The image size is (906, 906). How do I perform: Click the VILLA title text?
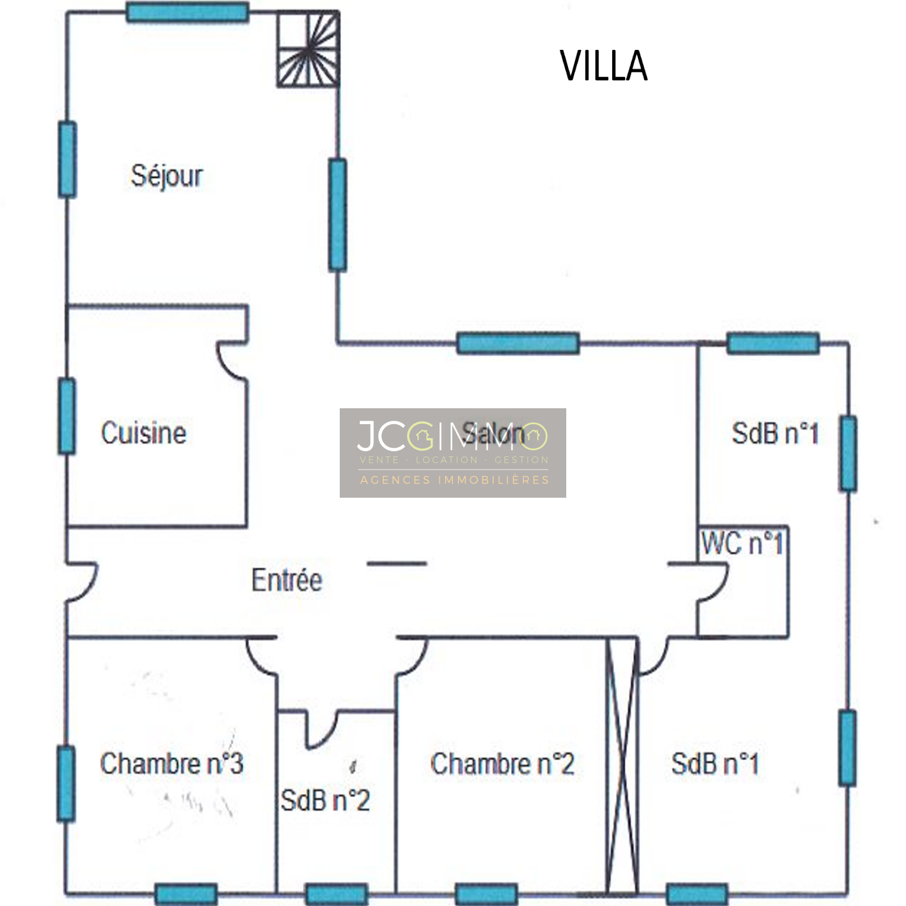(x=604, y=66)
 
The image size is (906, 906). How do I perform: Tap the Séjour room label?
(x=166, y=176)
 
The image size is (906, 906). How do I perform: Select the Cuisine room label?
(x=144, y=434)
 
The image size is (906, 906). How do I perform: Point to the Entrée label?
(x=287, y=580)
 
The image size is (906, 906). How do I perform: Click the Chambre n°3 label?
(x=172, y=764)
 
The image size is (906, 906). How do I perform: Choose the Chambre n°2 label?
(x=502, y=764)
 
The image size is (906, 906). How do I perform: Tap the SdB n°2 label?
(x=325, y=801)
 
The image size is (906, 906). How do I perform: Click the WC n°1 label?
(x=742, y=544)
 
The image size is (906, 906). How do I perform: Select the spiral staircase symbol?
(x=308, y=50)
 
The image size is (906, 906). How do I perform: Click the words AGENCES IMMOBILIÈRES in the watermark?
(x=455, y=480)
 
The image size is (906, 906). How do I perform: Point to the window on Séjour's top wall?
(x=187, y=12)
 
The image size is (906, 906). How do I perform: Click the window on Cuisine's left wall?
(x=67, y=416)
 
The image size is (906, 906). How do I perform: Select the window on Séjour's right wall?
(x=337, y=215)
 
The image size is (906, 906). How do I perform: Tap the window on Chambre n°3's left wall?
(x=66, y=784)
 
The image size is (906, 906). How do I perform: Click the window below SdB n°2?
(x=336, y=894)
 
